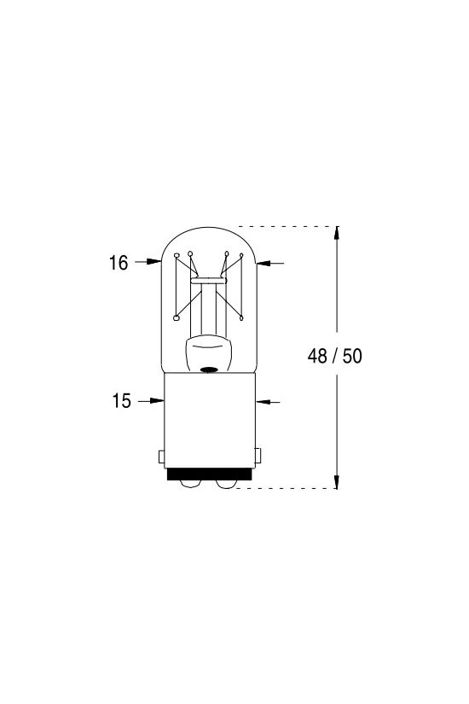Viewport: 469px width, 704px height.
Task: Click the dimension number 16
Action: click(x=119, y=263)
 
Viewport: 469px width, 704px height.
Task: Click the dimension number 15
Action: click(x=121, y=401)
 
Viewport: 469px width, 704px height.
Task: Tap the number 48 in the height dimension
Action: click(x=317, y=356)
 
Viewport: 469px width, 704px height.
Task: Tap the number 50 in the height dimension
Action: click(x=352, y=356)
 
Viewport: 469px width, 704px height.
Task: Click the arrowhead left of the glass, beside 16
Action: click(x=155, y=261)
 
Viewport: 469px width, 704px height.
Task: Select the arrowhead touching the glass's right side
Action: click(x=263, y=263)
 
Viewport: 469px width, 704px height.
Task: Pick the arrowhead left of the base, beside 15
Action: click(x=158, y=400)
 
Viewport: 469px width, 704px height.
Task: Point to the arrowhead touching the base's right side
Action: click(x=262, y=402)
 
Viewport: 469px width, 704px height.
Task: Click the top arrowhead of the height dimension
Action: click(x=337, y=234)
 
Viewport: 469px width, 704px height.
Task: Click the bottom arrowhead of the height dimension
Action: click(x=337, y=481)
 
